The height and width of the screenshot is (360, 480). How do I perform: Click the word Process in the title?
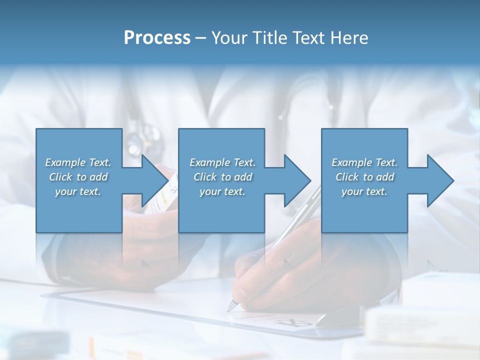coord(157,38)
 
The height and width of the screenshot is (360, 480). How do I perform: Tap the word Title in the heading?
coord(267,38)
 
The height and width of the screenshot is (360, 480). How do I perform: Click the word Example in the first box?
coord(64,162)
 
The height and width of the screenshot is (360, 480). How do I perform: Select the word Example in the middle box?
coord(209,162)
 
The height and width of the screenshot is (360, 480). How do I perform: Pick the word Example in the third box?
coord(351,162)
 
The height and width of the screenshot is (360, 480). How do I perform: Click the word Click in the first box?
coord(60,177)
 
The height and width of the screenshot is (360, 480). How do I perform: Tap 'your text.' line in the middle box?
coord(222,191)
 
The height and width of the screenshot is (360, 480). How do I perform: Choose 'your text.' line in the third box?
coord(364,191)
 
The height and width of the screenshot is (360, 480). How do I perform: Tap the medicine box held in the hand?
coord(167,192)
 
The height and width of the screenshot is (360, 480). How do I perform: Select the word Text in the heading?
coord(307,38)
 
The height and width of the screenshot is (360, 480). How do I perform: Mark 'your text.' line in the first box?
coord(77,191)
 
